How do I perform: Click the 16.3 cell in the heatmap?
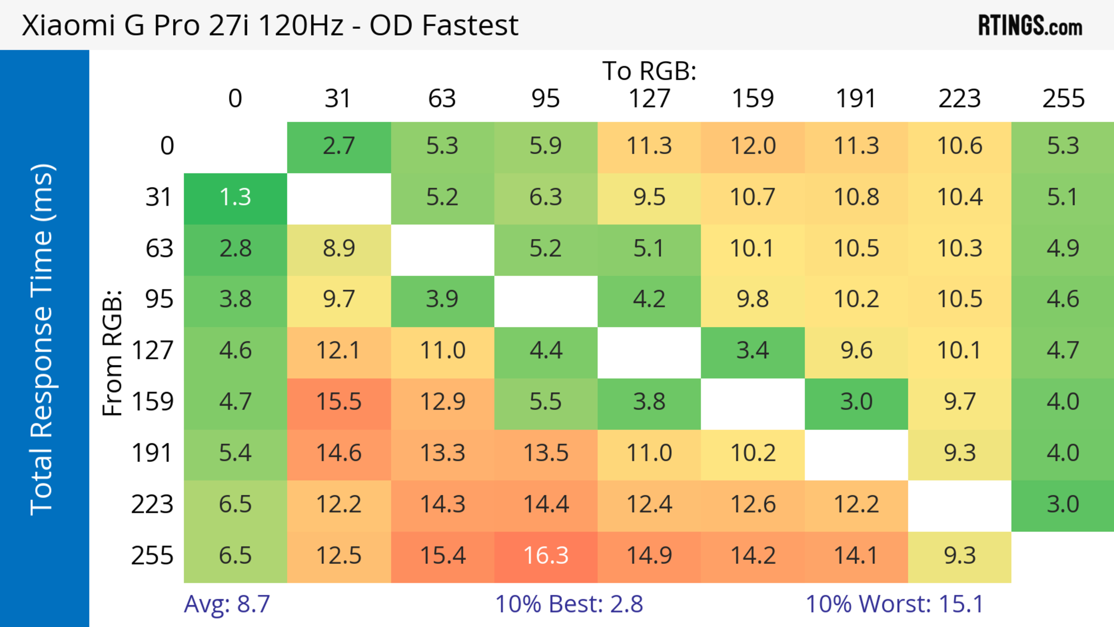pos(546,556)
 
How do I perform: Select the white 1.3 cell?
pos(235,198)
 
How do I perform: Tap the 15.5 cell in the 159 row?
pos(339,402)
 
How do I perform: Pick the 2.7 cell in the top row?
pos(339,146)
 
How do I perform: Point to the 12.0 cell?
pos(753,146)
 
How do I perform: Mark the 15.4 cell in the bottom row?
pos(442,556)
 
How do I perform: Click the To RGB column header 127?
pos(649,99)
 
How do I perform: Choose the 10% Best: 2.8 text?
pos(569,604)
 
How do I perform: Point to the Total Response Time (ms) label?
pos(42,339)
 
